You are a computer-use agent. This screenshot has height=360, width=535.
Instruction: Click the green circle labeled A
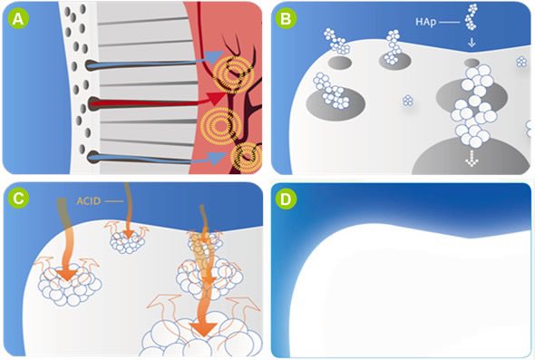[x=18, y=19]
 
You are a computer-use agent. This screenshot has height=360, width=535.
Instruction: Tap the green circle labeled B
[x=286, y=19]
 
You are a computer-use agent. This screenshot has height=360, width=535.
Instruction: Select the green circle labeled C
[x=18, y=198]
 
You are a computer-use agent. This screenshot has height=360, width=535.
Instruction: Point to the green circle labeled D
[x=286, y=199]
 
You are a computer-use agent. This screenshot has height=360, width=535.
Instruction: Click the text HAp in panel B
[x=425, y=22]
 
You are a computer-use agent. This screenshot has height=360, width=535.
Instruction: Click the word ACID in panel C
[x=89, y=201]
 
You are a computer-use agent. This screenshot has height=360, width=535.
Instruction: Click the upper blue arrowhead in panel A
[x=214, y=56]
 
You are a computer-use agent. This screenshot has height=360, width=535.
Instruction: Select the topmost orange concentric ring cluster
[x=233, y=74]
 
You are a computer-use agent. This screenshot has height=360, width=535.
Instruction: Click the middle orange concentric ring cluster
[x=221, y=126]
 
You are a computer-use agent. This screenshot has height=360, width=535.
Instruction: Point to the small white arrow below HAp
[x=472, y=43]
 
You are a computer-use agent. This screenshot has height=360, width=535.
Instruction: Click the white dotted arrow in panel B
[x=472, y=158]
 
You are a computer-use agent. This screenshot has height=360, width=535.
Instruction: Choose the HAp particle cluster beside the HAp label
[x=472, y=16]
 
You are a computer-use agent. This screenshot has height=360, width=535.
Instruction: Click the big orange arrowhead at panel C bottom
[x=203, y=329]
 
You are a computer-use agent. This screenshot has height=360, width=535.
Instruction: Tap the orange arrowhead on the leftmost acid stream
[x=67, y=274]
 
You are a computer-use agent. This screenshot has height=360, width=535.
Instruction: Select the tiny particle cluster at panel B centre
[x=408, y=101]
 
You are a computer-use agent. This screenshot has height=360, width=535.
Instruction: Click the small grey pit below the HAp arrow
[x=472, y=63]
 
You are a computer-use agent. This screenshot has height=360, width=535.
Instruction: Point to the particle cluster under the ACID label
[x=128, y=241]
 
